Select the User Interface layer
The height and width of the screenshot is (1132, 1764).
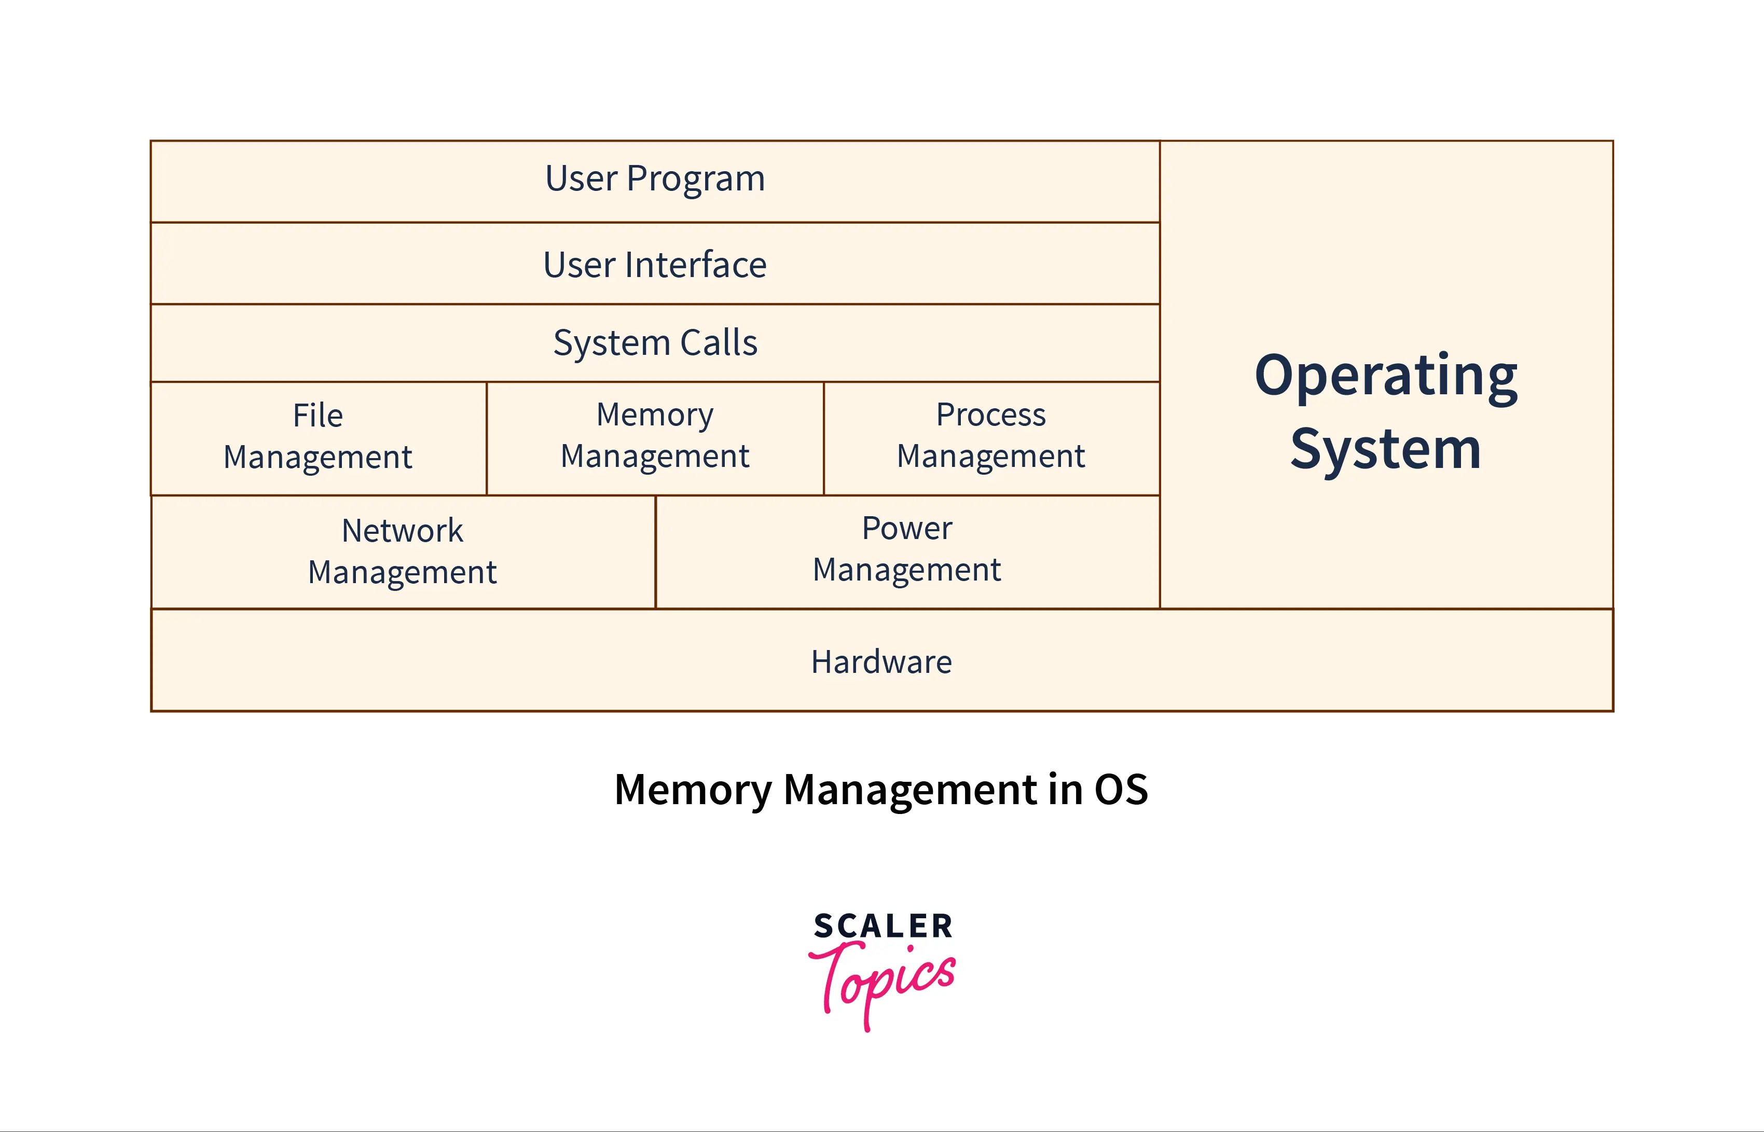coord(655,264)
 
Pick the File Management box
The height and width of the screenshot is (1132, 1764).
coord(318,437)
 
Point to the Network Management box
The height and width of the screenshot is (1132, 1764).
coord(402,551)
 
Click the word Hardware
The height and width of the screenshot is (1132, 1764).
coord(881,661)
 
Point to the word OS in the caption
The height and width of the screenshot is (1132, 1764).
coord(1121,790)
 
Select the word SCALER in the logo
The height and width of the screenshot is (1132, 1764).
coord(883,926)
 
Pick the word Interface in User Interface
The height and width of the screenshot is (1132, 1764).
coord(695,264)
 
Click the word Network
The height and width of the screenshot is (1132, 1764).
coord(402,531)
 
